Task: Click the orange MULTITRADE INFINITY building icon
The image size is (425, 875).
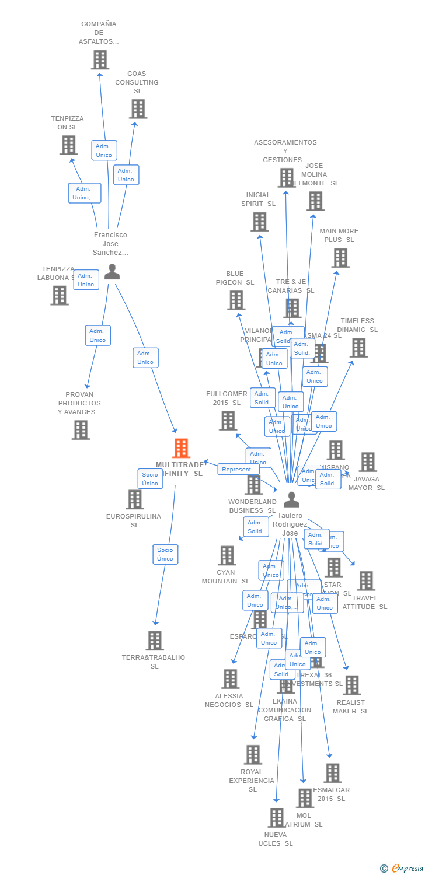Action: click(x=182, y=448)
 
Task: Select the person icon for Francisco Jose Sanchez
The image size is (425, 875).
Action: click(x=112, y=272)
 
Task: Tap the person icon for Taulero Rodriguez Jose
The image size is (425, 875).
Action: click(x=291, y=499)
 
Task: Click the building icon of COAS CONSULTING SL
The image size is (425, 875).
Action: click(x=138, y=108)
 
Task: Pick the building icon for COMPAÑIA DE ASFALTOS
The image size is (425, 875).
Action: click(x=100, y=60)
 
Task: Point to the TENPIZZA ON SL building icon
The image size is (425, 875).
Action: click(x=68, y=145)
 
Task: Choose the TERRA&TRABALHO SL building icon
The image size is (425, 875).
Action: click(x=154, y=640)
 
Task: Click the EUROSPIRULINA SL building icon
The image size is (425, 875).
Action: click(x=135, y=499)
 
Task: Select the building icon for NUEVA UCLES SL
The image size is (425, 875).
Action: click(x=276, y=818)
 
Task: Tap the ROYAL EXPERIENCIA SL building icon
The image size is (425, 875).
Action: click(x=253, y=755)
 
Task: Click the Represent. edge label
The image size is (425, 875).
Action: click(x=238, y=469)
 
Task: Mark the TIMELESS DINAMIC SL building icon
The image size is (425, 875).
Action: click(x=358, y=348)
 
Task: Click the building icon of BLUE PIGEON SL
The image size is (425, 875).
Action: click(x=236, y=300)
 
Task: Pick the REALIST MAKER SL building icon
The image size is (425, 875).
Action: click(x=351, y=685)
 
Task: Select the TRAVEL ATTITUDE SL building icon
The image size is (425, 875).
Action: click(x=366, y=581)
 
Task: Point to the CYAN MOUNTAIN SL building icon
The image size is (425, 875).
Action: click(x=227, y=555)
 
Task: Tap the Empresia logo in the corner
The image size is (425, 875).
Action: click(x=402, y=869)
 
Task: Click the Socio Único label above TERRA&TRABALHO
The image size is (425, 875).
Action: click(x=165, y=554)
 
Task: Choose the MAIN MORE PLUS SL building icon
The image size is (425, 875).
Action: click(x=340, y=258)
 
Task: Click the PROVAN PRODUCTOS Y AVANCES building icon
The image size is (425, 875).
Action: click(x=81, y=430)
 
